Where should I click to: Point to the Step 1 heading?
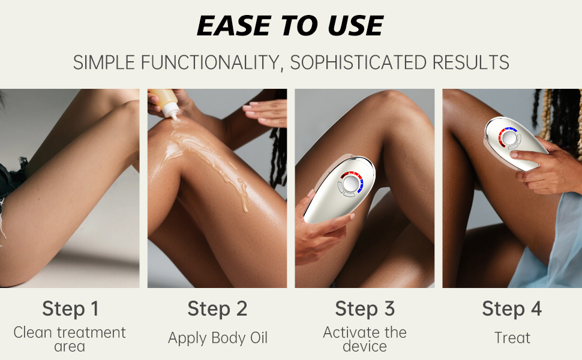pos(70,309)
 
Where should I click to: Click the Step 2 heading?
pos(217,309)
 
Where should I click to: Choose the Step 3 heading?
pos(365,309)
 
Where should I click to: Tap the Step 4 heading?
pos(512,309)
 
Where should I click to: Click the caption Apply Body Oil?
pos(217,338)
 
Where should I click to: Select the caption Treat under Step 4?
pos(512,338)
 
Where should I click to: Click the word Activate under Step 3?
pos(349,332)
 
